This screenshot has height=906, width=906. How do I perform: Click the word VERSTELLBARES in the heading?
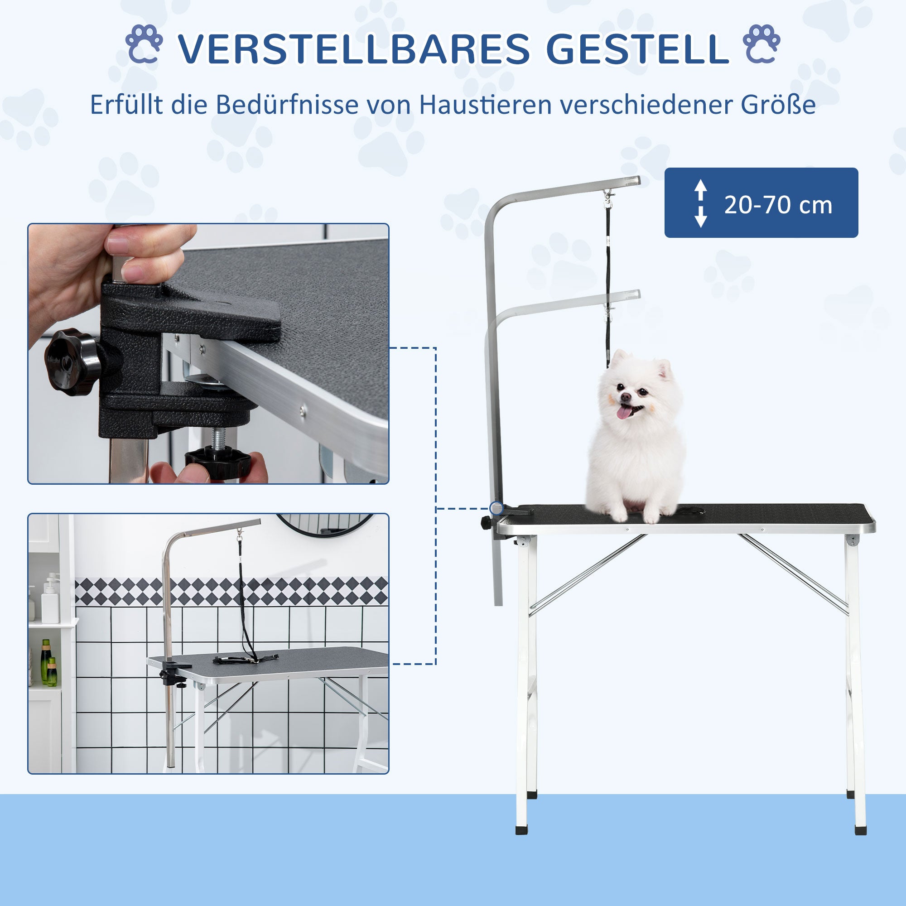(354, 49)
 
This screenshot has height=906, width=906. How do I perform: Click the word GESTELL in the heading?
(637, 49)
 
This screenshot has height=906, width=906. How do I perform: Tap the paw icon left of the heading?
(144, 44)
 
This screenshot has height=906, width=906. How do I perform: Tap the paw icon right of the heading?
(761, 44)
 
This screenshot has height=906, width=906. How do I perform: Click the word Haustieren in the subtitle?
(486, 105)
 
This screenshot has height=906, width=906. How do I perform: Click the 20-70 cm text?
(778, 205)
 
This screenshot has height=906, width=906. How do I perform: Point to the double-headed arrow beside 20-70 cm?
(701, 203)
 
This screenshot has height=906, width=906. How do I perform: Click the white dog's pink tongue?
(624, 412)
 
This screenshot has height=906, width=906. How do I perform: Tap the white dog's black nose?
(626, 397)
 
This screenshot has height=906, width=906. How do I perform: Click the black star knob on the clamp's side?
(72, 361)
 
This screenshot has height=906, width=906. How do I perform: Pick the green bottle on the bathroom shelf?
(46, 662)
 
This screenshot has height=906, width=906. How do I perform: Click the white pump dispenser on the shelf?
(50, 601)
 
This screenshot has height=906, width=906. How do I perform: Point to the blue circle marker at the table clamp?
(496, 508)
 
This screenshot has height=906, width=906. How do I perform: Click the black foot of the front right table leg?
(860, 829)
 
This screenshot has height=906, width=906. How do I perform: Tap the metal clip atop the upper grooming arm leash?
(609, 198)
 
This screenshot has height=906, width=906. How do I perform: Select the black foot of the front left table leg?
(521, 829)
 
